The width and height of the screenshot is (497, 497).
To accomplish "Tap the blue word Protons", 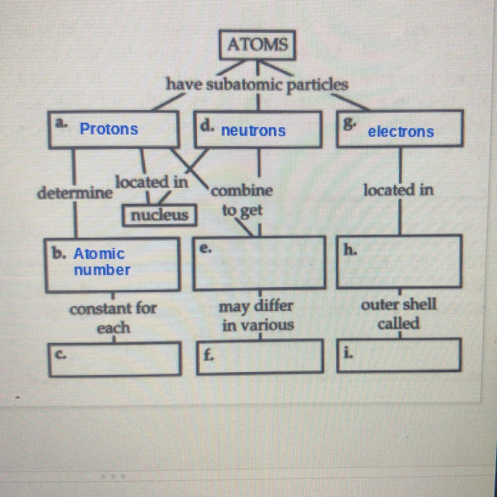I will click(x=109, y=129).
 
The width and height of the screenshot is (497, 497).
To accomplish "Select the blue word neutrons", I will click(x=253, y=131).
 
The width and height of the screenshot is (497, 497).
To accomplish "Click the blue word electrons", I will click(x=401, y=132).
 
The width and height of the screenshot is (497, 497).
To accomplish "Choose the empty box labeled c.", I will click(x=116, y=358).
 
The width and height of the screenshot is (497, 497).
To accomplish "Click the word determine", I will click(x=75, y=193).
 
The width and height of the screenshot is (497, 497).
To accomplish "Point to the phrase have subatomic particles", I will click(x=257, y=84).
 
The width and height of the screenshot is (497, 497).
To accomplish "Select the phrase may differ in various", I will click(x=257, y=316).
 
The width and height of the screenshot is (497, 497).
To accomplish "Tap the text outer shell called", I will click(x=399, y=314).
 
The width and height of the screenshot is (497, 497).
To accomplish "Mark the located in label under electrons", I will click(x=398, y=191).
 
